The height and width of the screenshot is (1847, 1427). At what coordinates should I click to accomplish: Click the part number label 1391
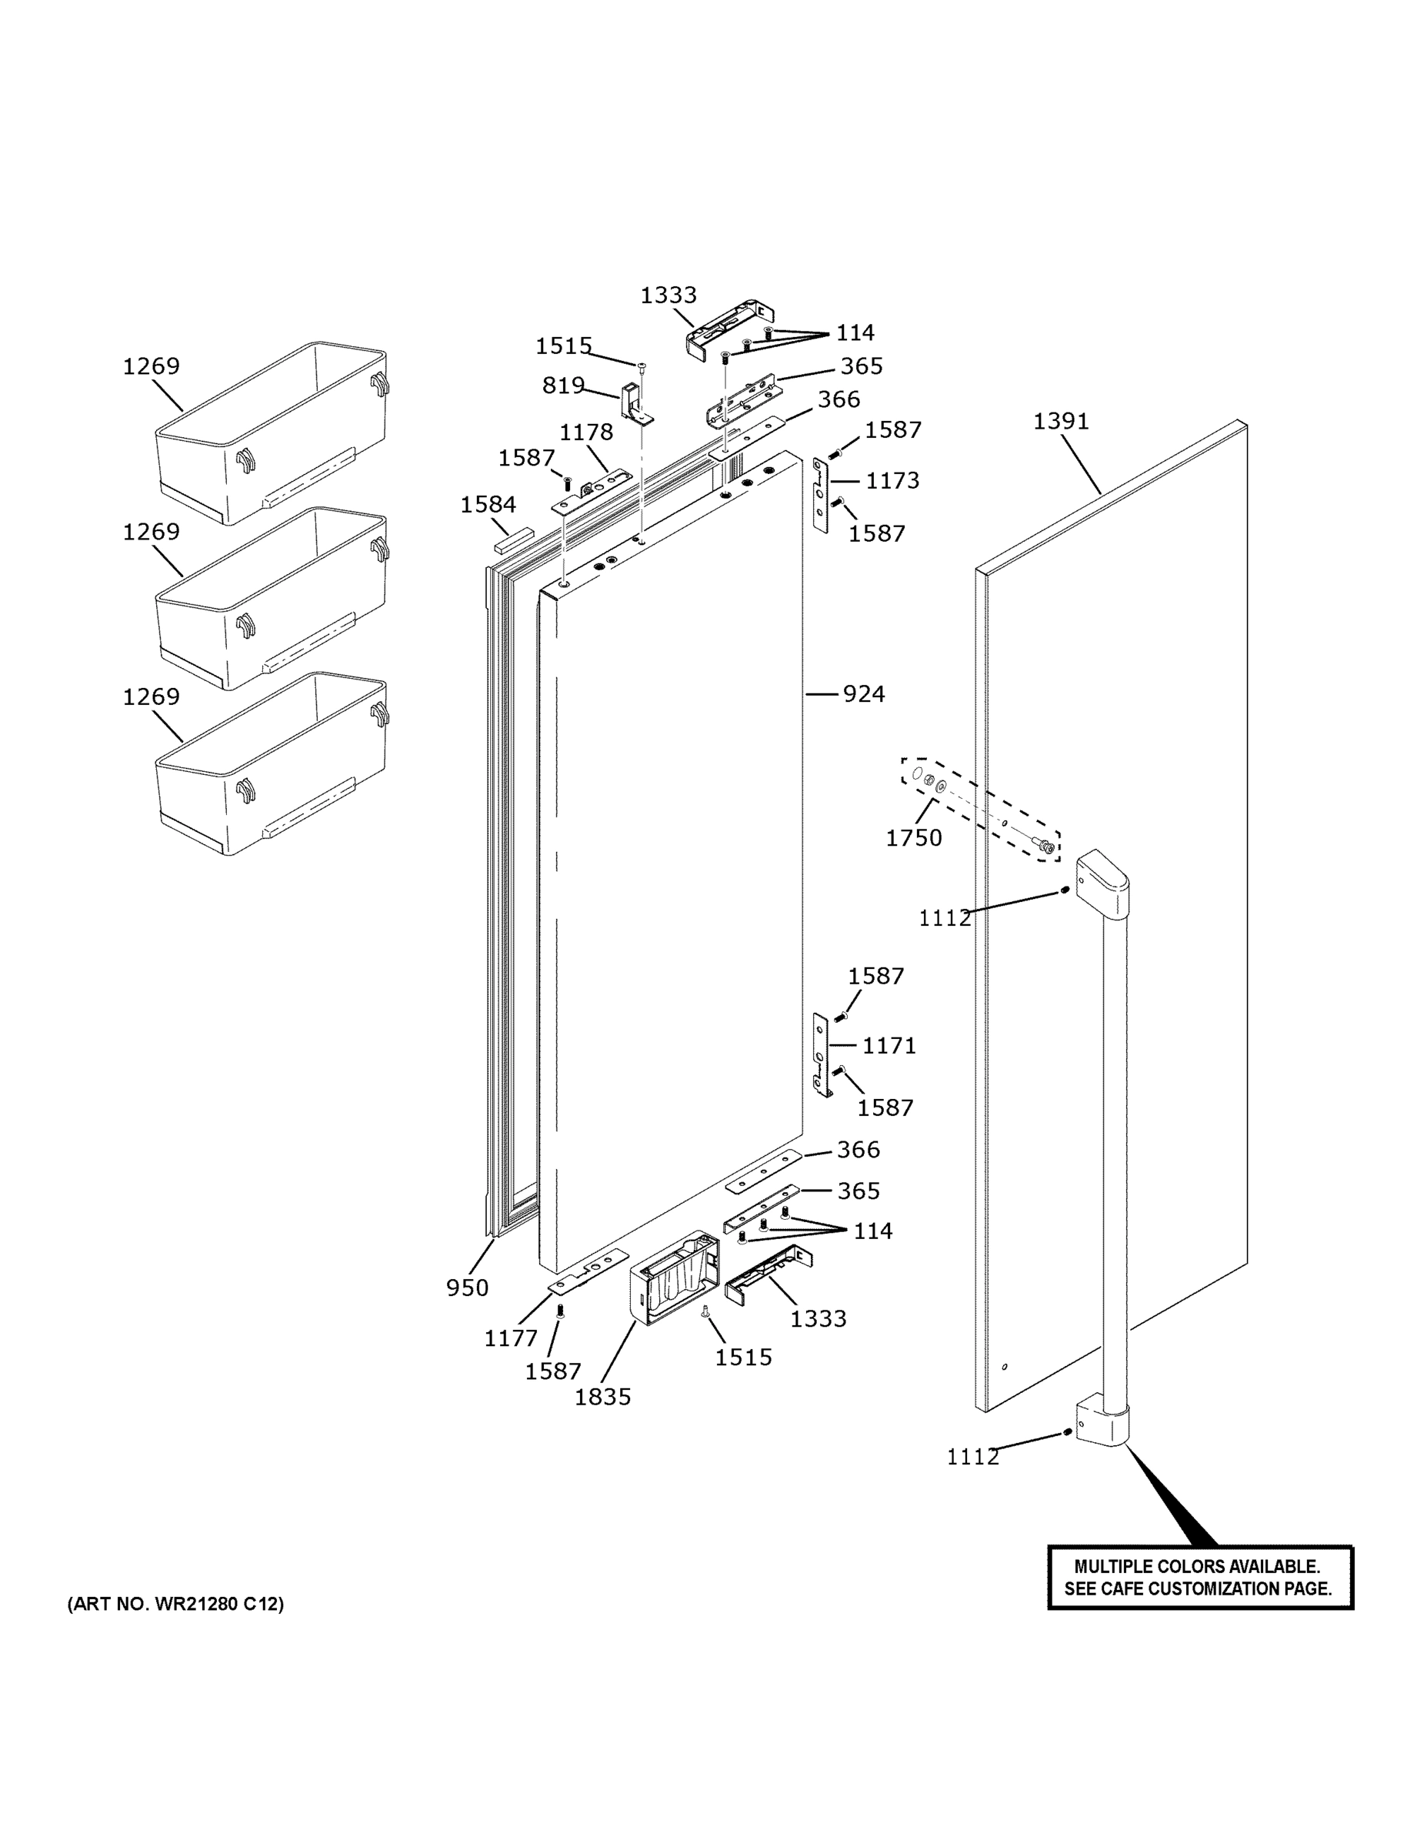(1060, 421)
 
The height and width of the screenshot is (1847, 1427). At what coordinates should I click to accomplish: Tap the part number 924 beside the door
(863, 694)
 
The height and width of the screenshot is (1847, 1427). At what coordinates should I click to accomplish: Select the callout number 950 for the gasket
(467, 1288)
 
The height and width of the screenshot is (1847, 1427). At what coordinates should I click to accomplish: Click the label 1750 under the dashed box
(913, 837)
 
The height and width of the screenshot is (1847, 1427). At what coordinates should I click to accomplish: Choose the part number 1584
(488, 505)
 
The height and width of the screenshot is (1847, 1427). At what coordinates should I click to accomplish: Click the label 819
(563, 386)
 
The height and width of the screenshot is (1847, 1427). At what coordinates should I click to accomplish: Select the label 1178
(586, 433)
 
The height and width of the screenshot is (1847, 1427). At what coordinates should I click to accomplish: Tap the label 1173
(892, 480)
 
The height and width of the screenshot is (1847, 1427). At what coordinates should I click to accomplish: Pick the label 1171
(889, 1045)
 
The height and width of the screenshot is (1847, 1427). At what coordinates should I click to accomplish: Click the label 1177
(510, 1338)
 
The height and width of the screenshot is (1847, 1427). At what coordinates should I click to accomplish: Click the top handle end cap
(1102, 883)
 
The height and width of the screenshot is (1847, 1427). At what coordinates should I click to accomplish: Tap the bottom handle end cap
(1102, 1421)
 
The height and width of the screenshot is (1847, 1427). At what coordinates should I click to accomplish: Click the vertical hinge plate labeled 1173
(820, 495)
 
